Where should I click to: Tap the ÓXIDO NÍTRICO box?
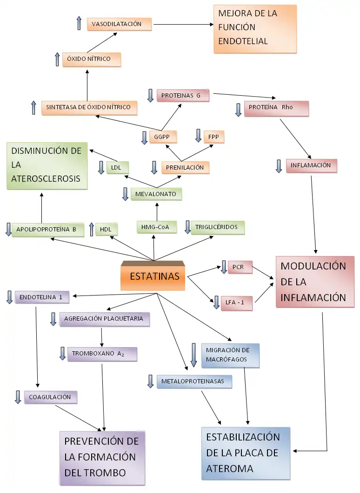click(92, 59)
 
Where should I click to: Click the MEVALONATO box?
click(156, 194)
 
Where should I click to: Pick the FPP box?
click(214, 137)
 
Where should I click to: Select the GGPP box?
click(162, 137)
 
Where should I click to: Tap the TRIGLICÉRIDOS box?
click(217, 227)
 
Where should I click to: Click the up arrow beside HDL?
click(91, 230)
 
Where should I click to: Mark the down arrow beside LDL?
click(101, 167)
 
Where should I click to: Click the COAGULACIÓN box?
click(51, 397)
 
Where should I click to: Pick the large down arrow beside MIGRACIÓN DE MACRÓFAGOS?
click(194, 355)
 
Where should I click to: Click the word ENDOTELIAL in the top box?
click(243, 41)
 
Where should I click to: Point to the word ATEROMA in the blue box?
click(230, 468)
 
